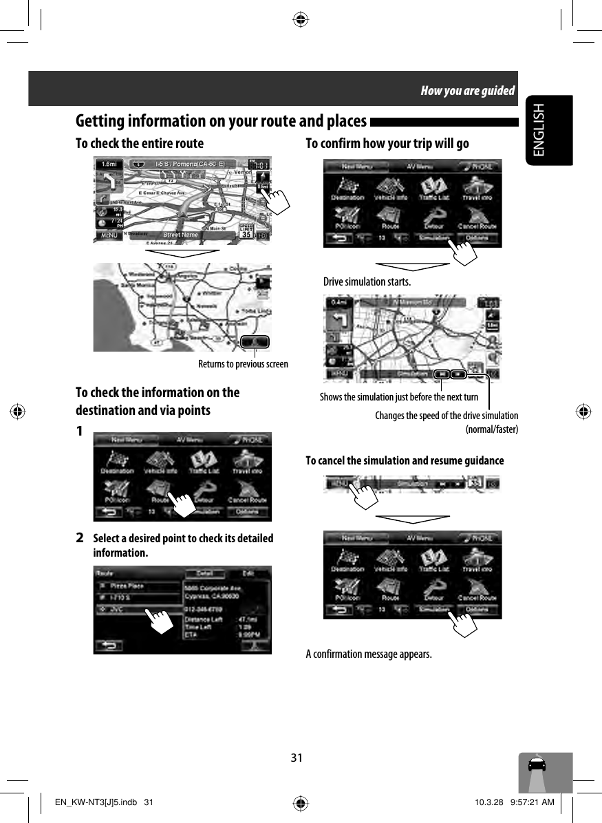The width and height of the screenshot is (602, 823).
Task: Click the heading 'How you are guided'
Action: click(x=468, y=91)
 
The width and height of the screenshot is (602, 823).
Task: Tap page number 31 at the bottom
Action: click(x=297, y=758)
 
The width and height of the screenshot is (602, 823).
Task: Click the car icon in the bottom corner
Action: click(x=537, y=766)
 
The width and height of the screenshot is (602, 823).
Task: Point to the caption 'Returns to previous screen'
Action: click(x=243, y=363)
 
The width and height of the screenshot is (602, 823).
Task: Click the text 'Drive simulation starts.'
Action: click(x=367, y=282)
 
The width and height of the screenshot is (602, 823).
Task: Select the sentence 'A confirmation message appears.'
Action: click(x=369, y=653)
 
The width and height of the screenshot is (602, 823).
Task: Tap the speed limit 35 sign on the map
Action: click(x=246, y=232)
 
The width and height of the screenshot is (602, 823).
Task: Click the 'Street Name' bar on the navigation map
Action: click(x=180, y=235)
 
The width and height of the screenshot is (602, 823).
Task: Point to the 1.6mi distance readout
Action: click(x=109, y=164)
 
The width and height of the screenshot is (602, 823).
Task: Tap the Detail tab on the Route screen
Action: click(x=205, y=573)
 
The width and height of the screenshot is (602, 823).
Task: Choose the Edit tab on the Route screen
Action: click(x=249, y=573)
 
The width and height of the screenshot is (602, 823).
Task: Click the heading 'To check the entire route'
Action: click(x=140, y=143)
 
